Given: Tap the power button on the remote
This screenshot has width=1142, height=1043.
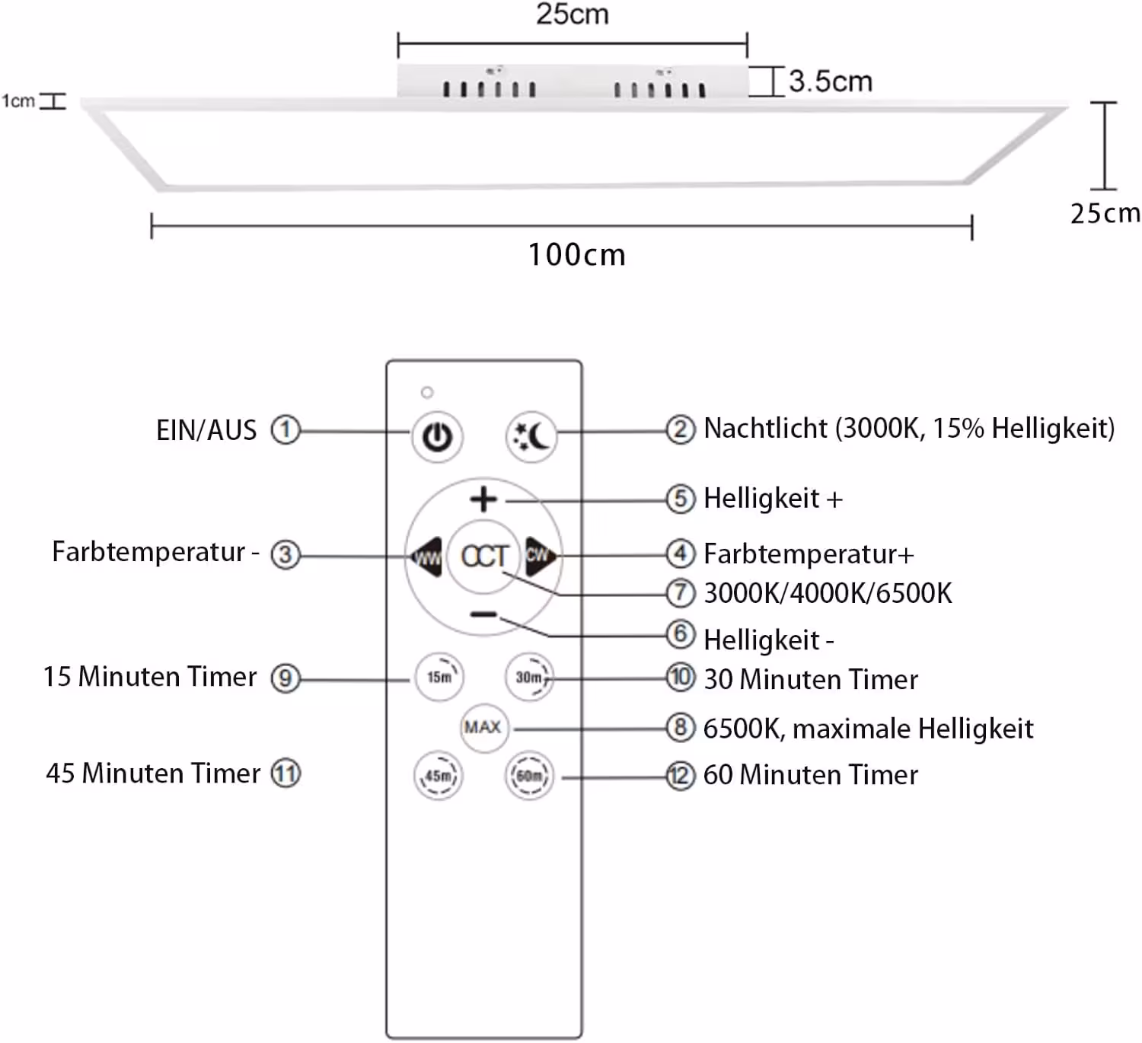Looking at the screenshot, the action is (437, 437).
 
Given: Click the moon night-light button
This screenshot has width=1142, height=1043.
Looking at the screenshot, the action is (531, 437).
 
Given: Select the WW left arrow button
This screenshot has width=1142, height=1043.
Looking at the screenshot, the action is (426, 557).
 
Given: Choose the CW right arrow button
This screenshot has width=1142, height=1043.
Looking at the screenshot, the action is (541, 557).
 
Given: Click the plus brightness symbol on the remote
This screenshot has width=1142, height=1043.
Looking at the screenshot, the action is (483, 499).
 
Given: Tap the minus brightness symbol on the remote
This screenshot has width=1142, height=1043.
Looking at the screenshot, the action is (484, 614).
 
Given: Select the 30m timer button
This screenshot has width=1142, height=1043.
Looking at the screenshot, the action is (529, 677).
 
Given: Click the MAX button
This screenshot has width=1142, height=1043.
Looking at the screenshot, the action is (484, 728).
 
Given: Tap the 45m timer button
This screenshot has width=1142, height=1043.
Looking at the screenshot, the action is (439, 776).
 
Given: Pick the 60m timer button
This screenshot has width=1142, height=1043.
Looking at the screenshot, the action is (529, 776).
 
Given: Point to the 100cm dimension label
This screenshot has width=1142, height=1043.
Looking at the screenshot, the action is (576, 254).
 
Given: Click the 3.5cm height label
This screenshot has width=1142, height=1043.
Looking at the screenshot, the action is (831, 81).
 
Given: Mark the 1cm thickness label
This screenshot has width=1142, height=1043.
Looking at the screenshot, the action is (18, 101).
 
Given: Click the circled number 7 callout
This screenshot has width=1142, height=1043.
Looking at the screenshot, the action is (681, 592).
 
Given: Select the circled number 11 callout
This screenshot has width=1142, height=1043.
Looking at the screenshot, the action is (285, 773).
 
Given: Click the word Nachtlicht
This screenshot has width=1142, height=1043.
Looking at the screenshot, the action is (765, 428).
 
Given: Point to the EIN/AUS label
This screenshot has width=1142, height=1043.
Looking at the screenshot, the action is (206, 430).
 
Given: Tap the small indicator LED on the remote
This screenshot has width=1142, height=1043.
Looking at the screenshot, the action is (427, 392).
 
